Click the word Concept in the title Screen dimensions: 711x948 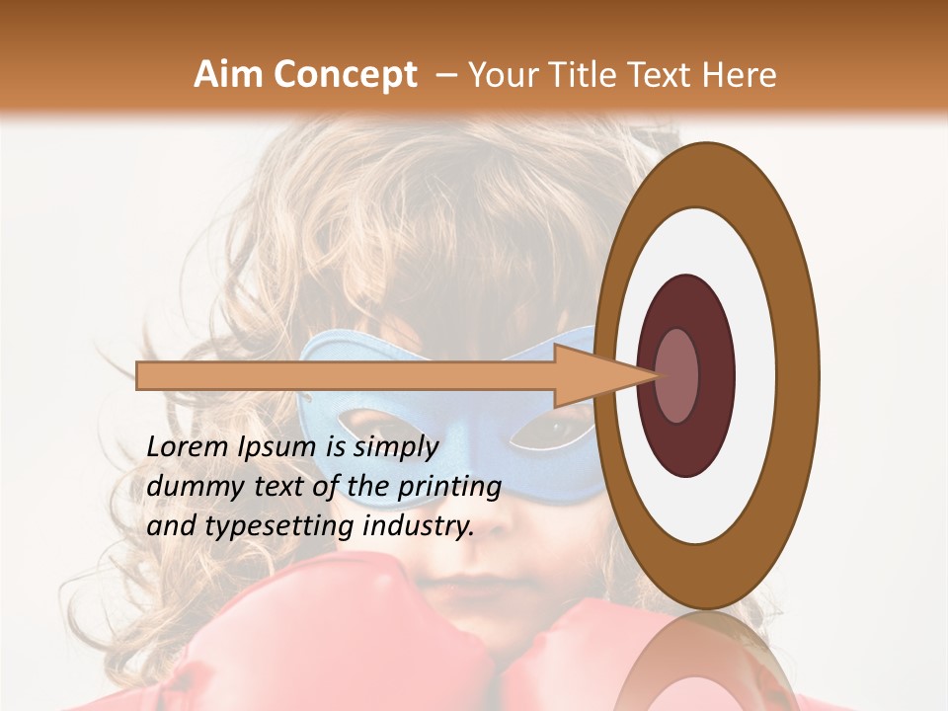(345, 75)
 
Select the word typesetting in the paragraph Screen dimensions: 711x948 (273, 527)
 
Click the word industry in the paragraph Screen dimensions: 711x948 (419, 526)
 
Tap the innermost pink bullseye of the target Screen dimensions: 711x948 (677, 375)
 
